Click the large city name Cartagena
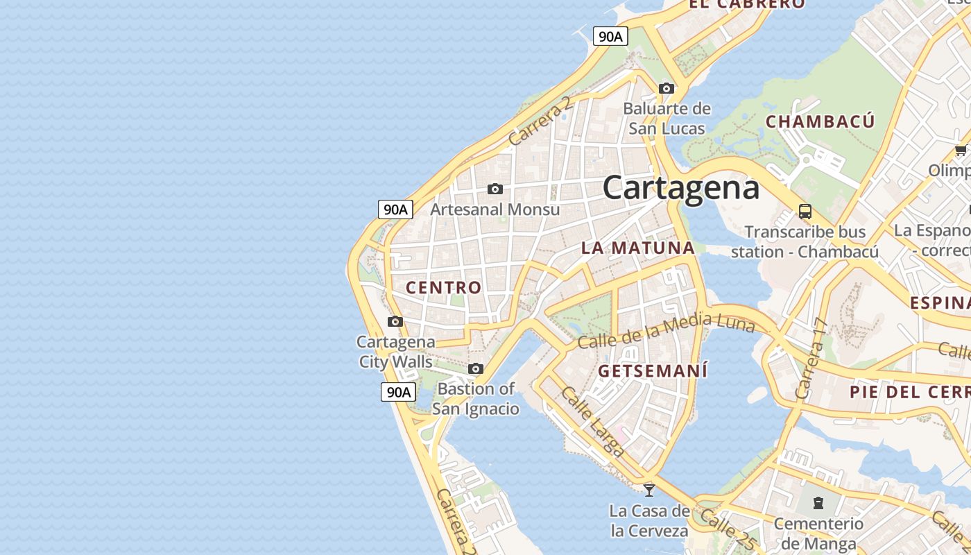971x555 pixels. pos(680,188)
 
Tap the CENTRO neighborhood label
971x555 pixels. pos(443,287)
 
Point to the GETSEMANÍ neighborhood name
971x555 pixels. pos(653,370)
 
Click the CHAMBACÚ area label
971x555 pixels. pos(820,121)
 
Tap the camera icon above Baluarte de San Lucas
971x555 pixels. pos(667,89)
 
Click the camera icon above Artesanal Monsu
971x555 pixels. pos(495,189)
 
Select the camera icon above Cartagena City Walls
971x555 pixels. pos(395,321)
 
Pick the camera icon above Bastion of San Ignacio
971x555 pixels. pos(476,368)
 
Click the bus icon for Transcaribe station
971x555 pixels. pos(805,211)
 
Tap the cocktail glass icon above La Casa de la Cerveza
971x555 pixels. pos(649,490)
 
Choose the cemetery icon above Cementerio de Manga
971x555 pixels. pos(818,502)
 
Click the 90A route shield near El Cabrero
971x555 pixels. pos(610,37)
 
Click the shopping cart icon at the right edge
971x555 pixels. pos(961,150)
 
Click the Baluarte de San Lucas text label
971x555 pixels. pos(667,119)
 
